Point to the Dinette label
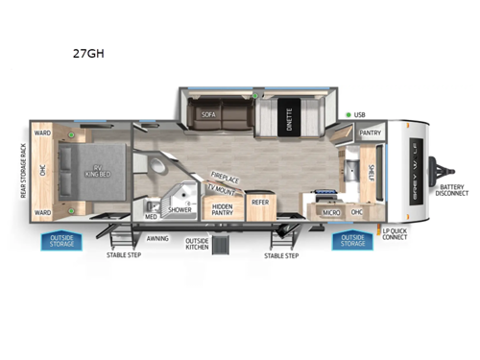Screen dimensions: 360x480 (x=288, y=122)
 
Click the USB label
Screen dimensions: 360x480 (x=359, y=115)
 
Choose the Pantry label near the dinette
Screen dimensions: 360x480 (x=370, y=133)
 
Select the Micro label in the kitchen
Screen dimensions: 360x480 (x=332, y=211)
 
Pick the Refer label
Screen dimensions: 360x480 (x=260, y=203)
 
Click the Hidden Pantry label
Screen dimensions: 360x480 (x=223, y=209)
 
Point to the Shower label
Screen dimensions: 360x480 (x=180, y=209)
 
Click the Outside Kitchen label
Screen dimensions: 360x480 (x=197, y=244)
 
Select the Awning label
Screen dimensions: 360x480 (x=157, y=238)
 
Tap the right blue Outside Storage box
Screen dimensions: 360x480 (x=352, y=240)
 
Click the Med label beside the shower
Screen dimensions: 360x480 (x=150, y=216)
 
